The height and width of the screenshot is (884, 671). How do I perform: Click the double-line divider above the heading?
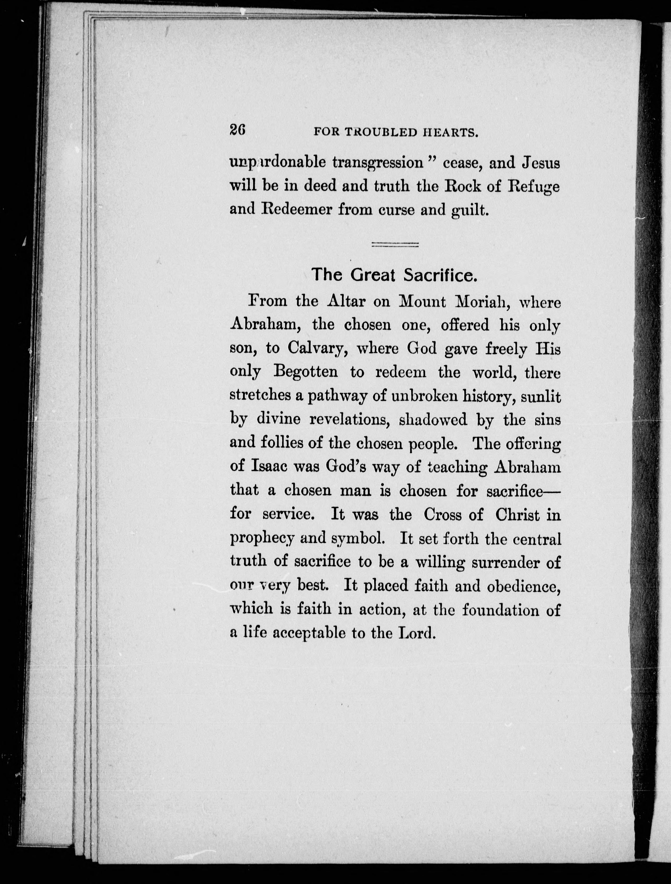(395, 245)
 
